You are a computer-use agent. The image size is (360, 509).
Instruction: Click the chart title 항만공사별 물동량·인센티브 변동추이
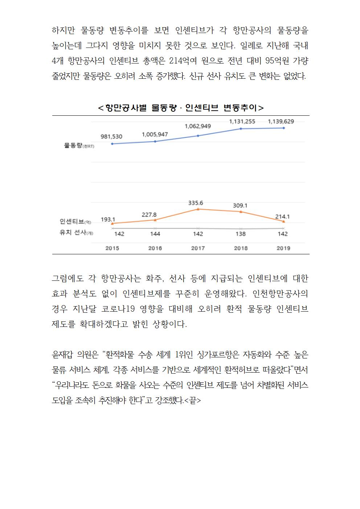[x=181, y=108]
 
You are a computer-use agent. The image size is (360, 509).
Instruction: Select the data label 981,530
[x=111, y=137]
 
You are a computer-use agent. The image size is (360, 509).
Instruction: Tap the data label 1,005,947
[x=155, y=135]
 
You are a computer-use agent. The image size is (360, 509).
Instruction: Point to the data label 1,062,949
[x=197, y=126]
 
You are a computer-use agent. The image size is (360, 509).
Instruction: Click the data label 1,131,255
[x=242, y=122]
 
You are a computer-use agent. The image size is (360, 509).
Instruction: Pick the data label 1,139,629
[x=281, y=122]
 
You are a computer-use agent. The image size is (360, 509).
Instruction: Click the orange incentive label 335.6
[x=196, y=203]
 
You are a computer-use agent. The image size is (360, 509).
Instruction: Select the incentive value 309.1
[x=240, y=206]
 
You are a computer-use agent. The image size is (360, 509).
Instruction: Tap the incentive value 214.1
[x=282, y=217]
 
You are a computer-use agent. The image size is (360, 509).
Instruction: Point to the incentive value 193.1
[x=108, y=219]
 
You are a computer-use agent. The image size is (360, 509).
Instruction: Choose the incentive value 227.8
[x=149, y=215]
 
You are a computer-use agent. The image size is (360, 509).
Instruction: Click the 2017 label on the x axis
[x=198, y=248]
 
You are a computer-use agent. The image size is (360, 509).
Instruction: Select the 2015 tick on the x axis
[x=112, y=248]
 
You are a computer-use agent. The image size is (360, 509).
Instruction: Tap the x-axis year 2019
[x=283, y=248]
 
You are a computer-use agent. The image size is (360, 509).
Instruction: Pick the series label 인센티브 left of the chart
[x=72, y=222]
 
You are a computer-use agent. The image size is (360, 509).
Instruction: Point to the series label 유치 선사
[x=72, y=233]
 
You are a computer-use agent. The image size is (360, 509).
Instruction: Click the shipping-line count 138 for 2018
[x=241, y=234]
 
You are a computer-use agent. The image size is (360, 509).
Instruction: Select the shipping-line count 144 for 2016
[x=155, y=234]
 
